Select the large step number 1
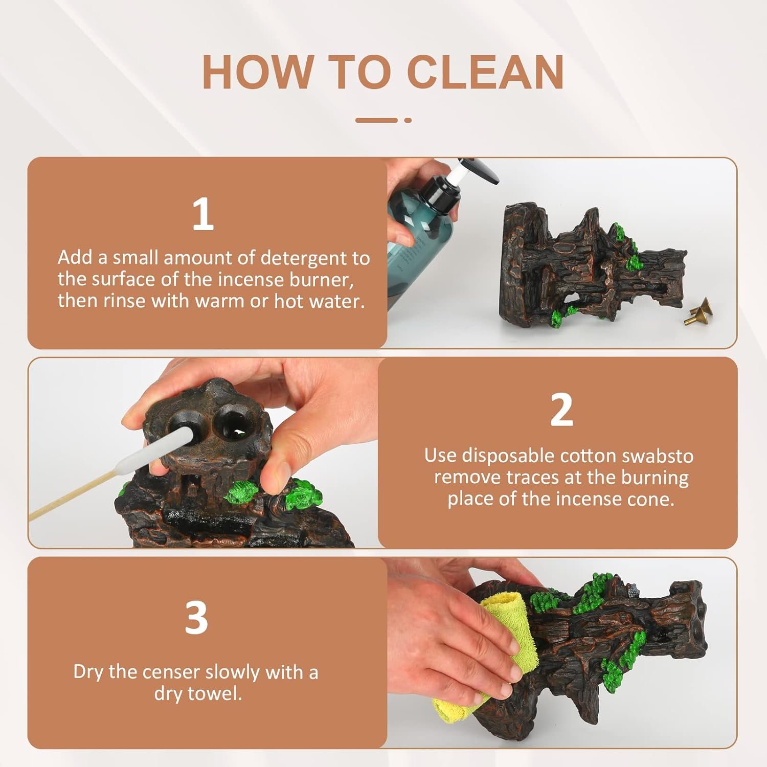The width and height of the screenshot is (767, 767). click(203, 214)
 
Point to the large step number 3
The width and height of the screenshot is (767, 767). click(196, 618)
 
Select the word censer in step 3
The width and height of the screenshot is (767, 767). click(183, 672)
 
